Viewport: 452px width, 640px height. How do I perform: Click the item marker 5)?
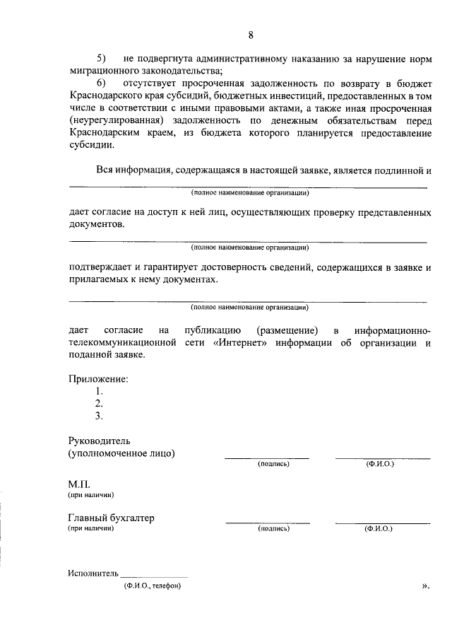[x=101, y=57]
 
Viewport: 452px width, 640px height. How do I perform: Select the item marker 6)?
[x=101, y=83]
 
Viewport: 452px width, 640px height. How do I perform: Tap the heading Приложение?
[x=98, y=379]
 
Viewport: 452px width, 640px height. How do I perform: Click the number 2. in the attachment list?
[x=99, y=404]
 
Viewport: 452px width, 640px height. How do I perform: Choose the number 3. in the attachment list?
[x=99, y=416]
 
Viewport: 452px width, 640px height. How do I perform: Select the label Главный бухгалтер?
[x=111, y=518]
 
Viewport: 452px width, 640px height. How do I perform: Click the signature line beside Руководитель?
[x=267, y=458]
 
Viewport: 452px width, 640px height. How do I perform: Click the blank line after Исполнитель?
[x=155, y=577]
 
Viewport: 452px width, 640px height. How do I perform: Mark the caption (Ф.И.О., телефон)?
[x=152, y=586]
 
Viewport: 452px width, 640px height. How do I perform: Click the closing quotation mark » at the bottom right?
[x=425, y=586]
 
